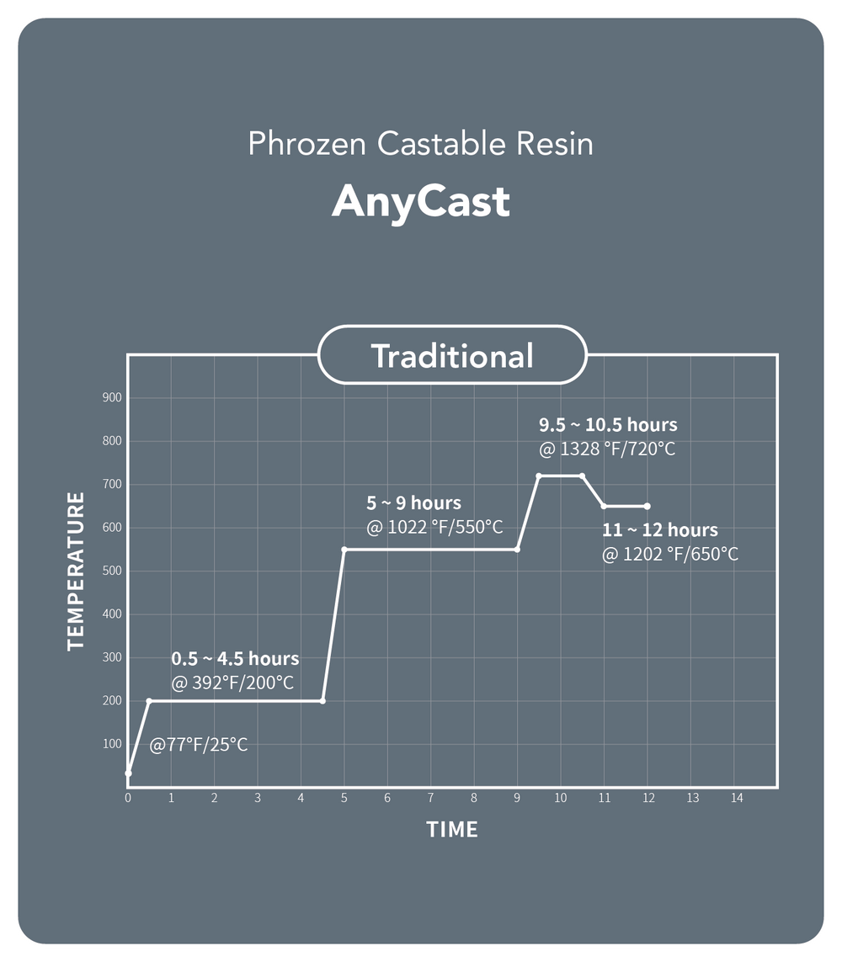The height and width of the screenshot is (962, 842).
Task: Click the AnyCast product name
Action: click(421, 202)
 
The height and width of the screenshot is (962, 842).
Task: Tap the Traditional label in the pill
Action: click(452, 356)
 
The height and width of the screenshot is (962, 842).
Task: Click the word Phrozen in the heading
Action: click(306, 144)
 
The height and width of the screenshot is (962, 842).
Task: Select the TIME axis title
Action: click(452, 830)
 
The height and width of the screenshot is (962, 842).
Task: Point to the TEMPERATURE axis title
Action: click(76, 571)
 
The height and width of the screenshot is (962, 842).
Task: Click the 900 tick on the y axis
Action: click(112, 397)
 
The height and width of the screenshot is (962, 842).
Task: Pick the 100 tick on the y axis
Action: click(112, 744)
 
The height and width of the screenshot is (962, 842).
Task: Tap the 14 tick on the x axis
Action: click(737, 798)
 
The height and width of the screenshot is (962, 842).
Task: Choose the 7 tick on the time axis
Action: click(431, 798)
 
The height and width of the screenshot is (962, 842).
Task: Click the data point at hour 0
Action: click(128, 773)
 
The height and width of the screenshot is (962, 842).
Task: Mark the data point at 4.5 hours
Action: click(322, 700)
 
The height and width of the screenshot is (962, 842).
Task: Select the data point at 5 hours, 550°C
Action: click(344, 550)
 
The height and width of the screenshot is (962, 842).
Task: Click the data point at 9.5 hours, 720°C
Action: click(539, 476)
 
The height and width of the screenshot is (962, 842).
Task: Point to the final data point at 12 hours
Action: click(647, 506)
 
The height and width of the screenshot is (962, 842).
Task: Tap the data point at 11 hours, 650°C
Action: click(604, 506)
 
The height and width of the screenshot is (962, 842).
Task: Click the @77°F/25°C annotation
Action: click(199, 745)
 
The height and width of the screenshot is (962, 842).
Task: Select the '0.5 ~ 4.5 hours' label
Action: click(235, 659)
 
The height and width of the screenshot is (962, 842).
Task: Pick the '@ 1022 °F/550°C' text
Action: click(434, 527)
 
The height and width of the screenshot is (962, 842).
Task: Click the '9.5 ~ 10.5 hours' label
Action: click(608, 424)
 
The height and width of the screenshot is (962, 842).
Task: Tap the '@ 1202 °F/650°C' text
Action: click(670, 555)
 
